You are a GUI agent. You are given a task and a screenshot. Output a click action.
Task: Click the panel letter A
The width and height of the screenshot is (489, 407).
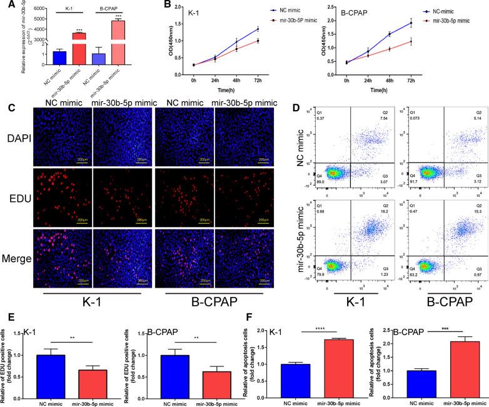[6, 6]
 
